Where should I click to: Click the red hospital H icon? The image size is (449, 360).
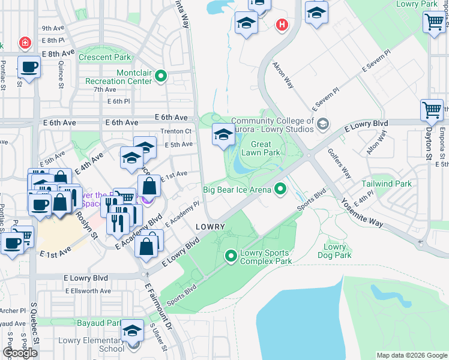(x=281, y=25)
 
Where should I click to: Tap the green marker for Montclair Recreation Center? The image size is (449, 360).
(x=161, y=76)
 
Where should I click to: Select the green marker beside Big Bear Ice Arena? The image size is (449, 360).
(x=280, y=190)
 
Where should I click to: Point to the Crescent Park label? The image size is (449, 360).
(x=104, y=58)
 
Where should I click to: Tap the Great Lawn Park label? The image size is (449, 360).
(x=261, y=148)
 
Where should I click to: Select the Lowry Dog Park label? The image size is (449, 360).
(x=334, y=251)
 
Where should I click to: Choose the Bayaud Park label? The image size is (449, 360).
(x=99, y=323)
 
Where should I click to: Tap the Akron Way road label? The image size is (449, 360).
(x=283, y=74)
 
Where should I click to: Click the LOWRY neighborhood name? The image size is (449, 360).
(x=210, y=227)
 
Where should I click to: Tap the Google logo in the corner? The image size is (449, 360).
(x=20, y=352)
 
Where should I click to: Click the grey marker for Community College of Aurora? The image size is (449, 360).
(x=324, y=124)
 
